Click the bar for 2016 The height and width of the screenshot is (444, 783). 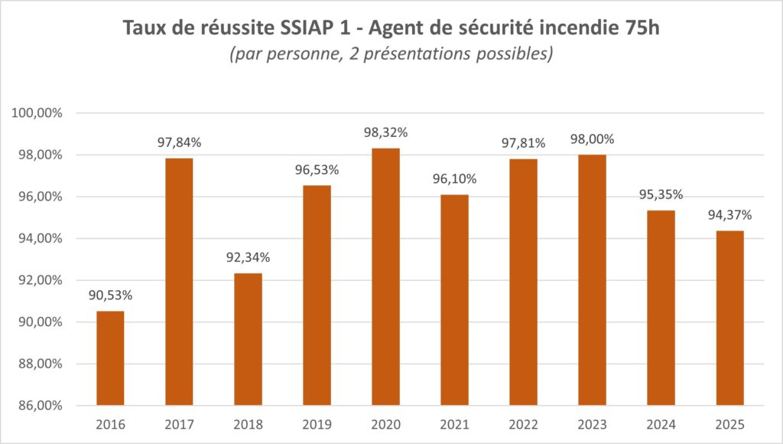[x=110, y=358]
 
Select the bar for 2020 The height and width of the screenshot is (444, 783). [x=385, y=276]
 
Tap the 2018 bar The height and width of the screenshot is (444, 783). [x=248, y=339]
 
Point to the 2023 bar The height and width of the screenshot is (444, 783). [x=592, y=279]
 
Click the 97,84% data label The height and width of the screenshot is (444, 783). [x=179, y=142]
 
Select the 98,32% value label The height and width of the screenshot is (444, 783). [x=385, y=132]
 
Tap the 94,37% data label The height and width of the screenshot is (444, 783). [x=729, y=215]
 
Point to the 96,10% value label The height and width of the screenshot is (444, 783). [x=454, y=179]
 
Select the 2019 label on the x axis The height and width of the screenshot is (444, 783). [x=317, y=424]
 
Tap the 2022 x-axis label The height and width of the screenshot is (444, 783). [x=523, y=424]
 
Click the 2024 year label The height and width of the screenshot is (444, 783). [x=661, y=424]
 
